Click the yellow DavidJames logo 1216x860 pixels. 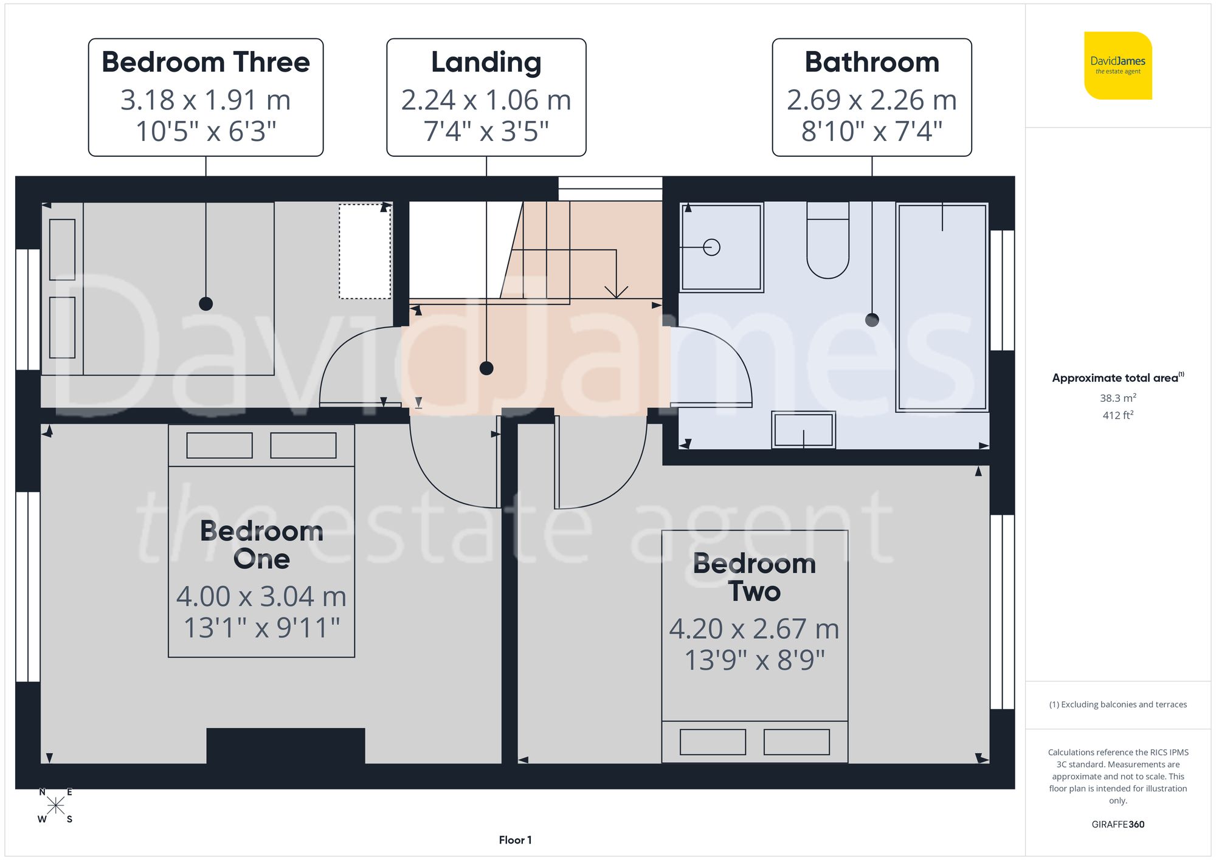click(1118, 66)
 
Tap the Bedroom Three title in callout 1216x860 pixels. click(206, 63)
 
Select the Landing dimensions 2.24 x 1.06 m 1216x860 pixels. click(486, 100)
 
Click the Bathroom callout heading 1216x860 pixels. click(871, 63)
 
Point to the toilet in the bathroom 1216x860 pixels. click(827, 243)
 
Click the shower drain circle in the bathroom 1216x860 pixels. click(711, 247)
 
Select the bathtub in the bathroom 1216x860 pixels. click(942, 307)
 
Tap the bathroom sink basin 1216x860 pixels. click(803, 430)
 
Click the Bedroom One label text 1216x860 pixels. click(261, 545)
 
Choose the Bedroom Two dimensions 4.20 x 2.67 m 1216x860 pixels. click(754, 629)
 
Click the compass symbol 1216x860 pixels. click(55, 806)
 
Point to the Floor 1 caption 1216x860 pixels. click(515, 840)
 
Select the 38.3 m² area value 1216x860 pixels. click(1118, 398)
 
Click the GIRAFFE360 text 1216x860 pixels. click(1118, 824)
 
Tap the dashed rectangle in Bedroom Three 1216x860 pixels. click(365, 252)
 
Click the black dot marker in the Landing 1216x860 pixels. click(486, 368)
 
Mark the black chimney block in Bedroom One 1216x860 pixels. click(286, 745)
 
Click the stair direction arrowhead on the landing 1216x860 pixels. click(617, 292)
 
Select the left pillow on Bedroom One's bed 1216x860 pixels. click(219, 445)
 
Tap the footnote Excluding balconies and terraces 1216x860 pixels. click(1118, 704)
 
